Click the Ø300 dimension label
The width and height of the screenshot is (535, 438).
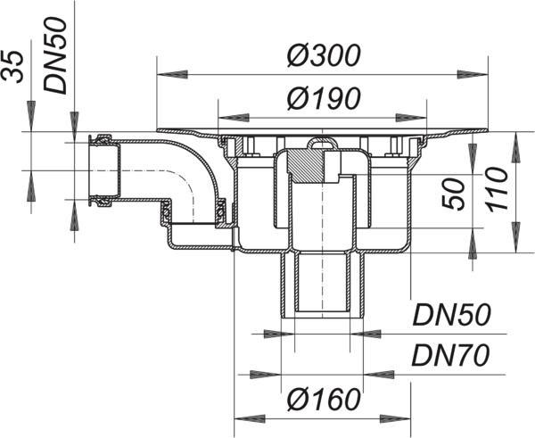pos(323,55)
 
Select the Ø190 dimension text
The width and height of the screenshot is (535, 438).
pos(323,99)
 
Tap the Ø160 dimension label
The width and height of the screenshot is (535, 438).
pos(323,400)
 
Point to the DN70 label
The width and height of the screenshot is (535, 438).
pos(450,355)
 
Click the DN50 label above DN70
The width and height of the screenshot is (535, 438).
pos(451,314)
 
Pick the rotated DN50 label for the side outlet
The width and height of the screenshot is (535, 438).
pos(55,55)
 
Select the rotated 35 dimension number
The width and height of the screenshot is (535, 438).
pos(13,67)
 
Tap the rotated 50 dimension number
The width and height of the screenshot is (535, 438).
pos(454,194)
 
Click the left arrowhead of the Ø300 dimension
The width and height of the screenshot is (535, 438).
pos(173,74)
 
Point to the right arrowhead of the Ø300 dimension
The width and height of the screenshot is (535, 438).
pos(472,74)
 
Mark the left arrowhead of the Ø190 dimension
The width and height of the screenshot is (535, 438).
pos(234,118)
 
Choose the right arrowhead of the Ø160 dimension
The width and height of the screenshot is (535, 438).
pos(395,418)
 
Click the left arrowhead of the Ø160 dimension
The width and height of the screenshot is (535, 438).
pos(250,418)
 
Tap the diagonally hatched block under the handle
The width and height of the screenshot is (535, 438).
pos(306,166)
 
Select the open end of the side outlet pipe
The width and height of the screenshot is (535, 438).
pos(91,170)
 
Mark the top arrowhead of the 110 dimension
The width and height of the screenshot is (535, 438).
pos(516,148)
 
